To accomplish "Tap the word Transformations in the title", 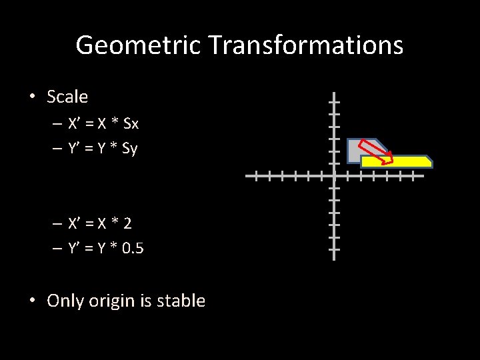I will pyautogui.click(x=306, y=46).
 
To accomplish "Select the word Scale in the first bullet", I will pyautogui.click(x=67, y=97).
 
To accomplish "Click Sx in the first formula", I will pyautogui.click(x=131, y=124).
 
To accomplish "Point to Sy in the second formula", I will pyautogui.click(x=129, y=149).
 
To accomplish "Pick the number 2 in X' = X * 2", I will pyautogui.click(x=127, y=223).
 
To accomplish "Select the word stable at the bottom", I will pyautogui.click(x=181, y=301).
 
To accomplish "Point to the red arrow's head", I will pyautogui.click(x=389, y=160).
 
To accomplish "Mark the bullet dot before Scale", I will pyautogui.click(x=31, y=97).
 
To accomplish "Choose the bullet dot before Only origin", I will pyautogui.click(x=31, y=301).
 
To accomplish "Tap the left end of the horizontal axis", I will pyautogui.click(x=246, y=177).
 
